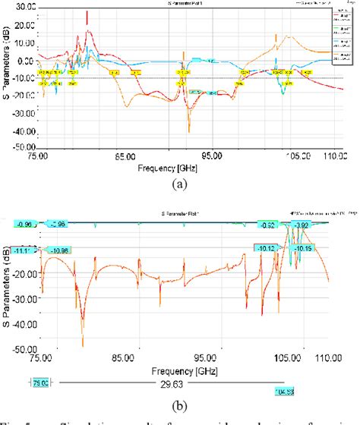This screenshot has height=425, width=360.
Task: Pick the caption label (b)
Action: (179, 385)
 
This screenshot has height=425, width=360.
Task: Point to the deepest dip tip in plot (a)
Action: (190, 131)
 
